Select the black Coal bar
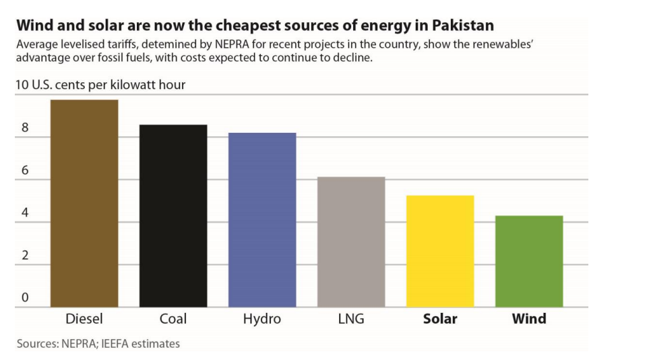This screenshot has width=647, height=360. [173, 216]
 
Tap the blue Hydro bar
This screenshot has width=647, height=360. [262, 220]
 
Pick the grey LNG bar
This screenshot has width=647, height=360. [351, 242]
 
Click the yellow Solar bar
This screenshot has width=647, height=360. [440, 251]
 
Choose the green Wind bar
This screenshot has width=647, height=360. [529, 262]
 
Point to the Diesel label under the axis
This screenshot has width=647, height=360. [84, 319]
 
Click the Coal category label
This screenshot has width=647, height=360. [173, 319]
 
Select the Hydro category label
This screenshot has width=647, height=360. [262, 319]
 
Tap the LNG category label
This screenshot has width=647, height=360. [351, 319]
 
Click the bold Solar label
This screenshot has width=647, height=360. [440, 319]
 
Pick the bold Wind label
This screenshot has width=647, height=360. [529, 319]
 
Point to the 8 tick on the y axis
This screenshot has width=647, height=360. [25, 128]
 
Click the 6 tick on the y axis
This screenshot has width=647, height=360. [25, 171]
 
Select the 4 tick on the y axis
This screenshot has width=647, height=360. [25, 213]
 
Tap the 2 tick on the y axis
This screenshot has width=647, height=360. [25, 256]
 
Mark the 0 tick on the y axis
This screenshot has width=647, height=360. [25, 297]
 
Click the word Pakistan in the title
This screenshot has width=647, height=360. [462, 26]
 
